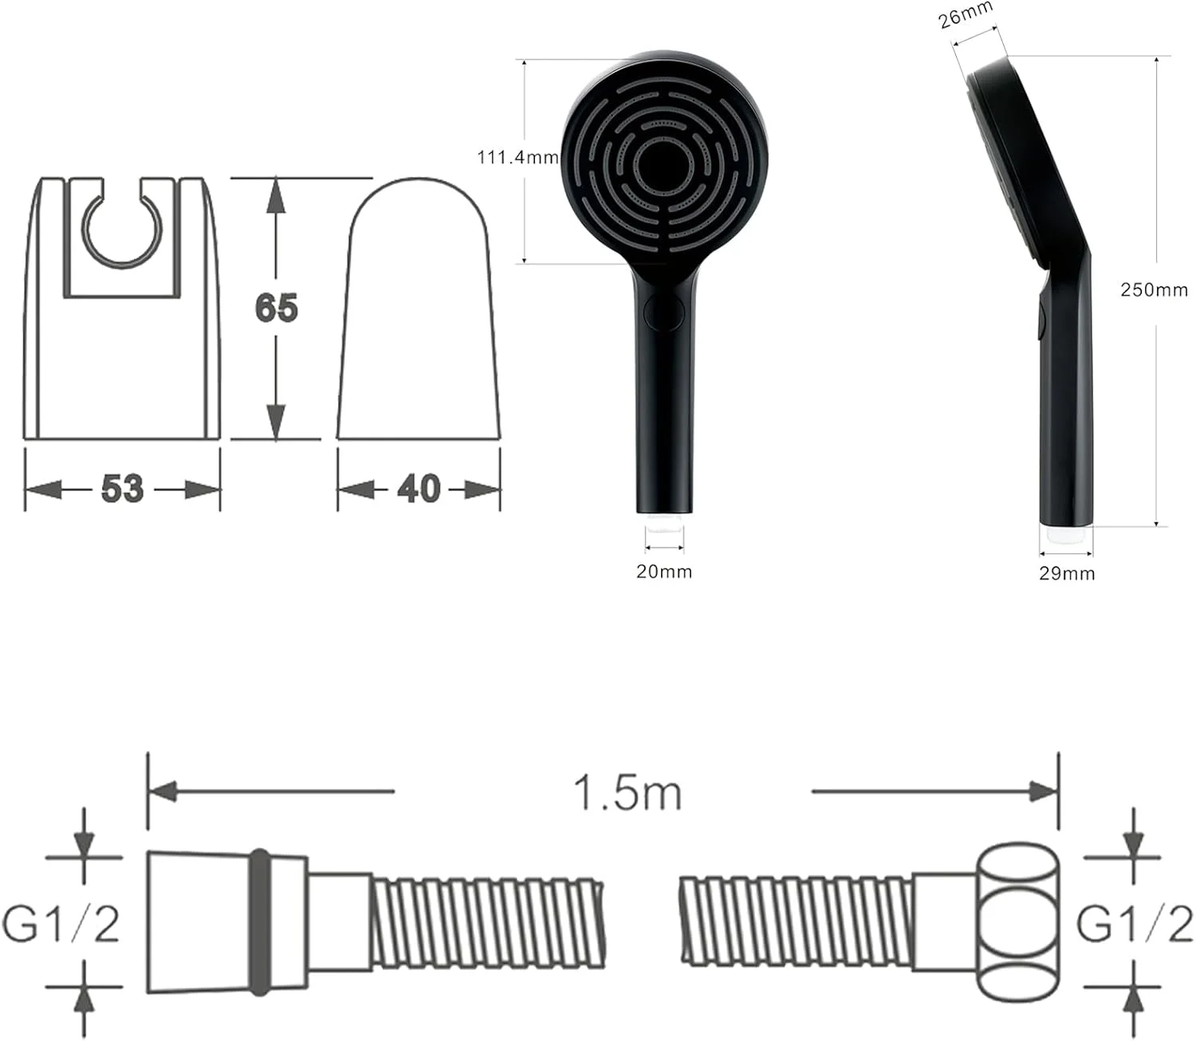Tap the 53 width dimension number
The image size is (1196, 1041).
122,489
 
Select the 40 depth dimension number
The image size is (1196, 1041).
419,489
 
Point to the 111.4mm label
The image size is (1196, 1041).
518,157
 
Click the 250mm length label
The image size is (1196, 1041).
1154,290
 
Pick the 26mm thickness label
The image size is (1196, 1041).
965,15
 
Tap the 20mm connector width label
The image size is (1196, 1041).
664,572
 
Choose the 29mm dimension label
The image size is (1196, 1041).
1067,573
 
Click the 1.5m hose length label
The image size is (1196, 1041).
628,793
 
